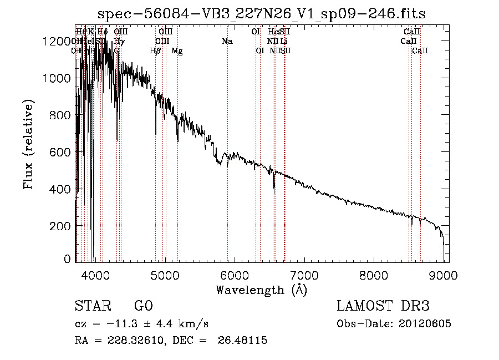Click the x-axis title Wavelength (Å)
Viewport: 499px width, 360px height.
tap(261, 289)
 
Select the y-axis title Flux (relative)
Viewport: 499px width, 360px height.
tap(28, 144)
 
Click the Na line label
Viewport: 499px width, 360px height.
tap(227, 41)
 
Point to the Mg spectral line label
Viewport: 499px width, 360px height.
tap(177, 50)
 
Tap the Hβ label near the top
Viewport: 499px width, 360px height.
tap(155, 50)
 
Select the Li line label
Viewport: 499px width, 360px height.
tap(283, 41)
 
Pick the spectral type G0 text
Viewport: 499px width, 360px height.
tap(143, 306)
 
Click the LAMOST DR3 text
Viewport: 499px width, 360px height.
tap(383, 306)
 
